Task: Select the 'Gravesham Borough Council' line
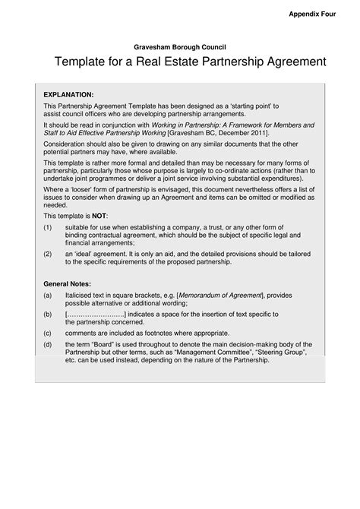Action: [179, 46]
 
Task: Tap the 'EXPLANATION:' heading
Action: [68, 94]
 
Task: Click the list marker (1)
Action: [48, 227]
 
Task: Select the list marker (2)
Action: [48, 253]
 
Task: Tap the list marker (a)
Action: [48, 295]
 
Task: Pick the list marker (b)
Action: [48, 313]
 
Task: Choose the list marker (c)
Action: [48, 332]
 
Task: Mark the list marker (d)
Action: [48, 343]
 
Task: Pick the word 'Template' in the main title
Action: [84, 62]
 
